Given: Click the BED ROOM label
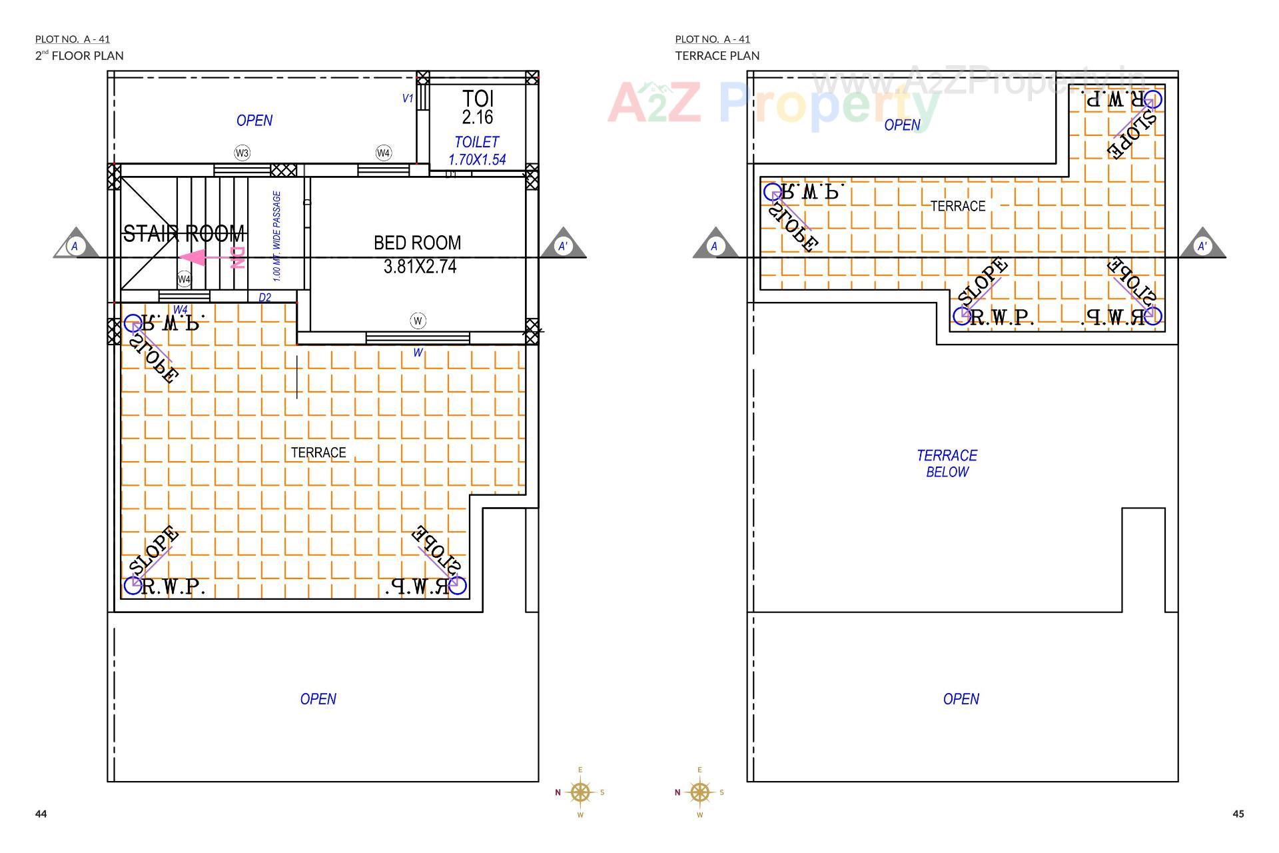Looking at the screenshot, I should tap(417, 243).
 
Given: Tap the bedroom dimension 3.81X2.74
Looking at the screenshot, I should tap(420, 267).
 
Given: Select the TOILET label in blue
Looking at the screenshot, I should tap(476, 142).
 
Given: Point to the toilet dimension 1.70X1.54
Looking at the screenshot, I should tap(477, 160).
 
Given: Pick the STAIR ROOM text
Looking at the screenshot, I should tap(185, 234).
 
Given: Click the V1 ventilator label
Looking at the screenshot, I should tap(407, 99).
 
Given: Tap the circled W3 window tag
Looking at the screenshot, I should tap(242, 153).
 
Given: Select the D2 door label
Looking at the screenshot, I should tap(264, 297).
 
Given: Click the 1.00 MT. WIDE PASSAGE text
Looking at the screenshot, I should tap(277, 236).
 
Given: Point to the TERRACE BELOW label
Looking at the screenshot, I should tap(947, 463).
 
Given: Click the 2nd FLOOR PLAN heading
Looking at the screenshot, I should tap(79, 55).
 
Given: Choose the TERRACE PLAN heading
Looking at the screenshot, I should tap(717, 55).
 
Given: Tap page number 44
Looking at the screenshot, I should tap(41, 814).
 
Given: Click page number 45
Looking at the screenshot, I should tap(1238, 814).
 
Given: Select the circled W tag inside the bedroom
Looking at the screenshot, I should tap(418, 321).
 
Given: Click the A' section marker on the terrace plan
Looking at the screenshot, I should tap(1202, 245).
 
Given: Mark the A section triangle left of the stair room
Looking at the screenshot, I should tap(75, 245).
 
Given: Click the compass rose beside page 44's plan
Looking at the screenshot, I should tap(580, 792).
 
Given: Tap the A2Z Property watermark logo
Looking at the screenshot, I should tap(773, 103).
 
